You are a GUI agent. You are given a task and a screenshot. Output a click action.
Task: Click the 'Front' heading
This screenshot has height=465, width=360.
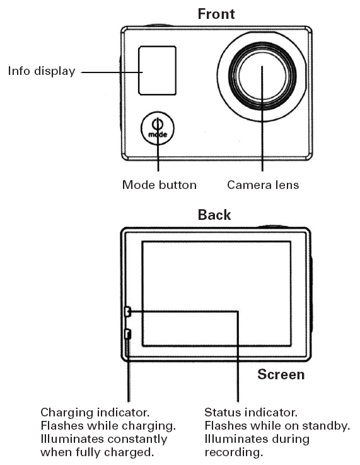(x=216, y=14)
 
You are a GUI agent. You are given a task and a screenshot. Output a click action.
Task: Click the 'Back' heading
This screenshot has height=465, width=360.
(x=214, y=215)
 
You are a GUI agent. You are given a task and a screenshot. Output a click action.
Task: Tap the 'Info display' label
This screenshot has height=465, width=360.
(x=42, y=71)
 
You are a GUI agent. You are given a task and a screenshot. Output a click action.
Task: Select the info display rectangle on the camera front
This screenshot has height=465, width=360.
(x=157, y=71)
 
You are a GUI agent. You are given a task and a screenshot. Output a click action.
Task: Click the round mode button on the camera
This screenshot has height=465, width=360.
(x=158, y=128)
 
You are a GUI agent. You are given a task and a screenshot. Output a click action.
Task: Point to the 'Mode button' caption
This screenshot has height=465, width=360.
(x=160, y=185)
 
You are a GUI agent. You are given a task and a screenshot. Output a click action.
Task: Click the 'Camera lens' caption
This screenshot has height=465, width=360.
(x=263, y=185)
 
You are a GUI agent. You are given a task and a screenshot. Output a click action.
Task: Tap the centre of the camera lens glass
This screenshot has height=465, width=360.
(x=262, y=76)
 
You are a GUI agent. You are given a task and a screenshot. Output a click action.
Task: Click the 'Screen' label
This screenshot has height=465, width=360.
(x=281, y=374)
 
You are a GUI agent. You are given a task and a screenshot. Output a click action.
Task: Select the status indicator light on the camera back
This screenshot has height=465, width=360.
(x=127, y=311)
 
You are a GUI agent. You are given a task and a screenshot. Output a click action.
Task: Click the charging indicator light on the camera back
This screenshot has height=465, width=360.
(x=127, y=334)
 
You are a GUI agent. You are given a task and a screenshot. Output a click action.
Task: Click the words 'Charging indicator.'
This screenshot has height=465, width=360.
(x=95, y=413)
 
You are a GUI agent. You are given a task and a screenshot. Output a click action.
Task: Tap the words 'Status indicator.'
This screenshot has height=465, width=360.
(x=251, y=413)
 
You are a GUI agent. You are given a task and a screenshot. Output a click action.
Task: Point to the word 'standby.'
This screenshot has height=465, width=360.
(x=326, y=426)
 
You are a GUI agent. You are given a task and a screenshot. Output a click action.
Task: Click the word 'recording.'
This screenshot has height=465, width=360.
(x=234, y=452)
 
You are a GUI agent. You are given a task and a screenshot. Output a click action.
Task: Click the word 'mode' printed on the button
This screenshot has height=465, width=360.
(x=158, y=134)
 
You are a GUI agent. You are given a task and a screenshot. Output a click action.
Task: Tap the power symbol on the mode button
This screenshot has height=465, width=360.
(x=158, y=123)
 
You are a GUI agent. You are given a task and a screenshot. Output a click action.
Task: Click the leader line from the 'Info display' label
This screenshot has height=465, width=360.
(x=112, y=72)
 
